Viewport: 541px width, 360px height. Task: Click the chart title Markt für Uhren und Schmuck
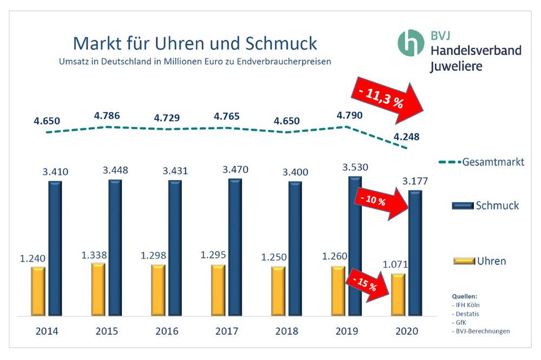[x=195, y=43]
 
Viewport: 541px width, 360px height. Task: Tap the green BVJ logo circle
[x=412, y=42]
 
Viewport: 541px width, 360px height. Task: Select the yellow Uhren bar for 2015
[x=98, y=289]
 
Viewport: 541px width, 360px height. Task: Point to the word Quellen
[x=465, y=297]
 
